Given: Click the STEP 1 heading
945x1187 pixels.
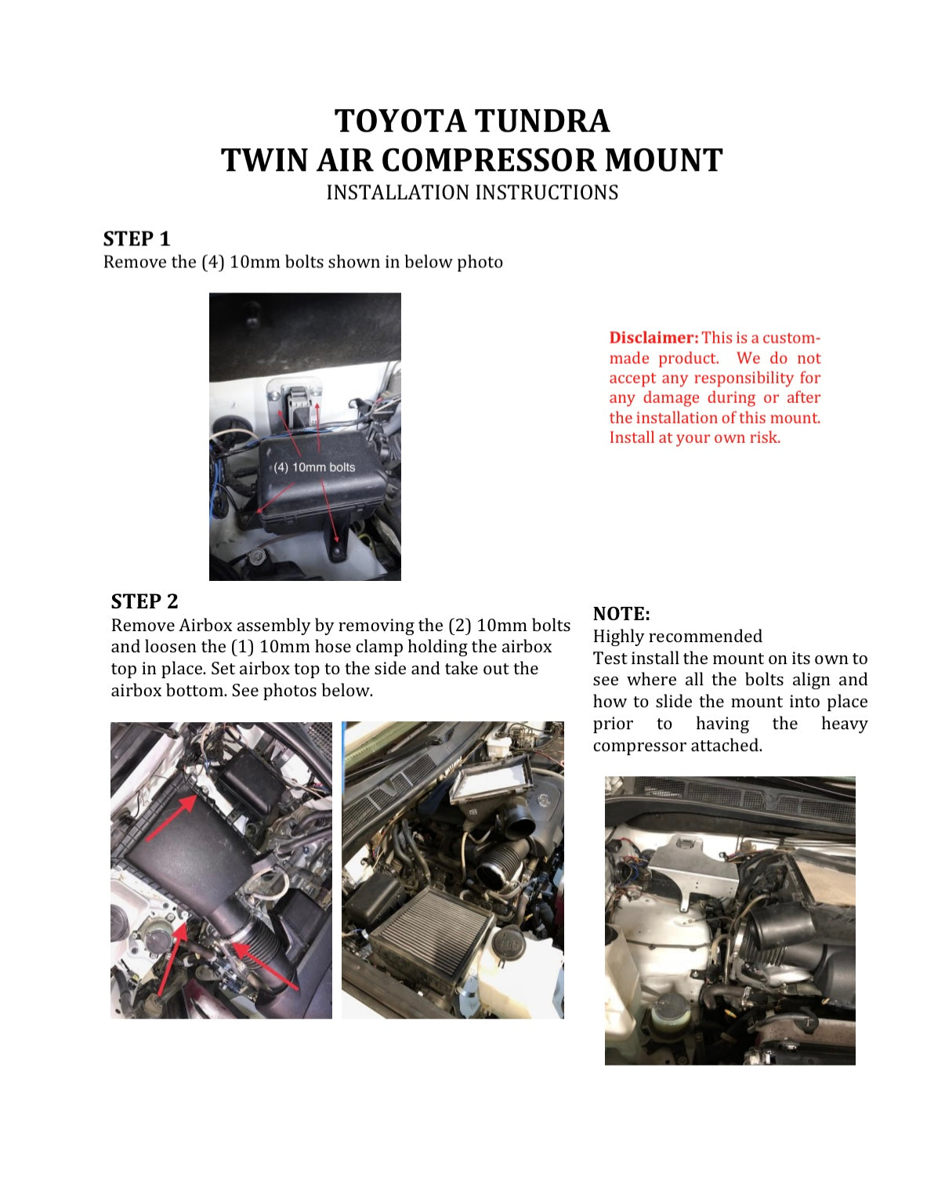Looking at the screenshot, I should coord(136,238).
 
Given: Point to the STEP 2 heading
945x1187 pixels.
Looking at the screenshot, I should coord(144,601).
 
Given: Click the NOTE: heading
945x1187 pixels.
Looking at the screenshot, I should coord(621,614).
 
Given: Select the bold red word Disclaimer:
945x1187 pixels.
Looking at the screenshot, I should coord(654,338).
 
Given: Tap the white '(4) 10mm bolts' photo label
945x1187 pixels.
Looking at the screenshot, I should coord(314,467).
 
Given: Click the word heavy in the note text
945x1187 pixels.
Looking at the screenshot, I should coord(844,724).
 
